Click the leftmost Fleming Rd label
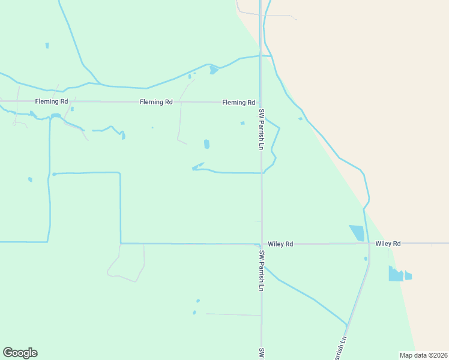[x=51, y=101]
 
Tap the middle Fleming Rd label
[x=156, y=102]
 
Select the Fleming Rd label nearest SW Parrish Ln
[x=238, y=103]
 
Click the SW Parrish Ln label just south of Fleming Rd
[x=262, y=129]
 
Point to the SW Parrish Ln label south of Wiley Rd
[x=262, y=271]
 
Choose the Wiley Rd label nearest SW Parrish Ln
[x=280, y=244]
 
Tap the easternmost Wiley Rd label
[x=388, y=244]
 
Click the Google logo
[x=20, y=353]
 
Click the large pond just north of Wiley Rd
[x=357, y=233]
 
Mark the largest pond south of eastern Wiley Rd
[x=395, y=274]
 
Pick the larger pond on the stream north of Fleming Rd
[x=214, y=70]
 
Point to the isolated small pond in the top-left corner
[x=47, y=45]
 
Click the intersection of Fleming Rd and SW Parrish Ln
[x=260, y=103]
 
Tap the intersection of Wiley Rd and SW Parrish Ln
[x=261, y=244]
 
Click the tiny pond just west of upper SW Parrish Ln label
[x=243, y=123]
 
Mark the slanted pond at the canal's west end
[x=197, y=166]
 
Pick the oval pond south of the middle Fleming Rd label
[x=206, y=144]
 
